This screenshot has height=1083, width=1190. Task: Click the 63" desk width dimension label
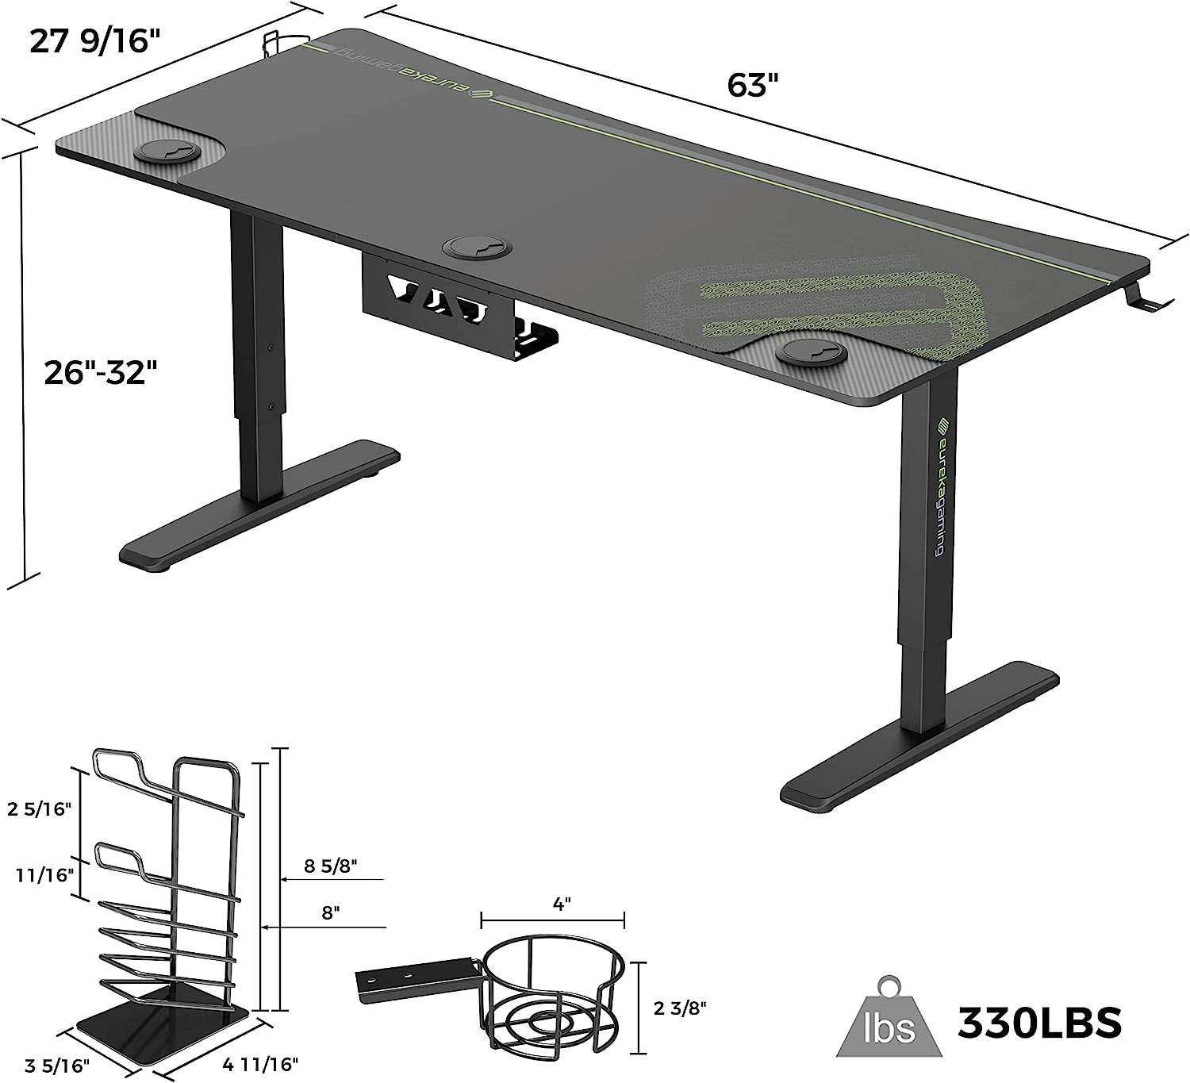tap(752, 86)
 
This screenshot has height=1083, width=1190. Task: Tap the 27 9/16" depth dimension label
tap(95, 42)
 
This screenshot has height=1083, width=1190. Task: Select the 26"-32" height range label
tap(101, 373)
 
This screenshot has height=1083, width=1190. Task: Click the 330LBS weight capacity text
tap(1039, 1021)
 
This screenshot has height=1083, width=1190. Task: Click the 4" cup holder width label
tap(561, 904)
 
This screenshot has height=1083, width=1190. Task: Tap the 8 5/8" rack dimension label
tap(331, 866)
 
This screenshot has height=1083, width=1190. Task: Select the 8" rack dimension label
tap(331, 912)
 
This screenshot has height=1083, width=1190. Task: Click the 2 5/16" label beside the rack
tap(39, 808)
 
